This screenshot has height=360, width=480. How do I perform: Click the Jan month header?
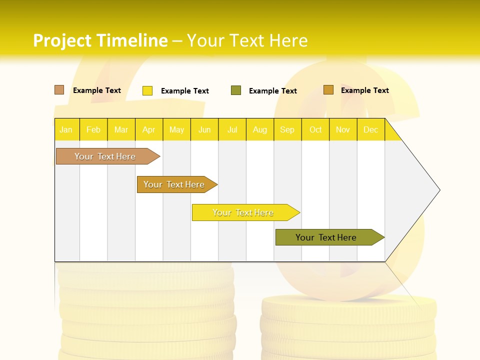click(66, 130)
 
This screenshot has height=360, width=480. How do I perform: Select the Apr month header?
click(149, 130)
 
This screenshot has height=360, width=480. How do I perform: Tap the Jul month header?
click(232, 130)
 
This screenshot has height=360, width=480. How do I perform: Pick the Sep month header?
click(287, 130)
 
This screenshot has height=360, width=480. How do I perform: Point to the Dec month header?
click(371, 130)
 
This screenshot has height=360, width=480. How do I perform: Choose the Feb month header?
click(93, 130)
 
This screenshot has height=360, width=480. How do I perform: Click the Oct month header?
click(315, 130)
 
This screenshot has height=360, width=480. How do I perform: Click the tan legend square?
click(59, 90)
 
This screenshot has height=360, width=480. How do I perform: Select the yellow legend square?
click(147, 90)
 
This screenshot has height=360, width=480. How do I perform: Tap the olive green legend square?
click(236, 90)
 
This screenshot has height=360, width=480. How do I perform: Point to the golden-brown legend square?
click(328, 90)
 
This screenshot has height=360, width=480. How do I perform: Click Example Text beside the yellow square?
click(185, 91)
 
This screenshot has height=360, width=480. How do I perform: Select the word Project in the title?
click(62, 40)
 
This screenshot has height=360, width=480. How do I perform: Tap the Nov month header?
click(343, 130)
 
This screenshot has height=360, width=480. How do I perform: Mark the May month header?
click(176, 130)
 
